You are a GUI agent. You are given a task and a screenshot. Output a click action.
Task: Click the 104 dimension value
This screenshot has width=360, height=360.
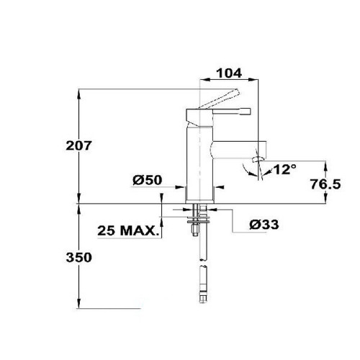tap(229, 73)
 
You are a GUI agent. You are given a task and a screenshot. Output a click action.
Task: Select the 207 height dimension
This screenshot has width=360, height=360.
tap(78, 145)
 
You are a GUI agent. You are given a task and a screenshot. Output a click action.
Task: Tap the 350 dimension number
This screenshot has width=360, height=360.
tap(78, 258)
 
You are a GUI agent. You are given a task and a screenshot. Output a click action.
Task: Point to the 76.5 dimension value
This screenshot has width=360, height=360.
tap(325, 184)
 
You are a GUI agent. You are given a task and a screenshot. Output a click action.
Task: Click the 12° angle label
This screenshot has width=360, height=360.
tap(284, 169)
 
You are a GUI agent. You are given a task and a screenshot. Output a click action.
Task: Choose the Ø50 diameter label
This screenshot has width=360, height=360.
tap(148, 180)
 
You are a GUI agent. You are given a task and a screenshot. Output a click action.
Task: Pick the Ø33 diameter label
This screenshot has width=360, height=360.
tap(264, 225)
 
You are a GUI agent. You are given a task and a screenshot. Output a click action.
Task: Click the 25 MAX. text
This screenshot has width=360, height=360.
tap(129, 231)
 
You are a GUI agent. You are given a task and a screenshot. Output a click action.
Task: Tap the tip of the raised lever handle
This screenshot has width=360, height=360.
tap(238, 91)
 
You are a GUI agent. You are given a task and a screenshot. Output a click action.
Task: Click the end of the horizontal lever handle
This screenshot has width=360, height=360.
tap(249, 112)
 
